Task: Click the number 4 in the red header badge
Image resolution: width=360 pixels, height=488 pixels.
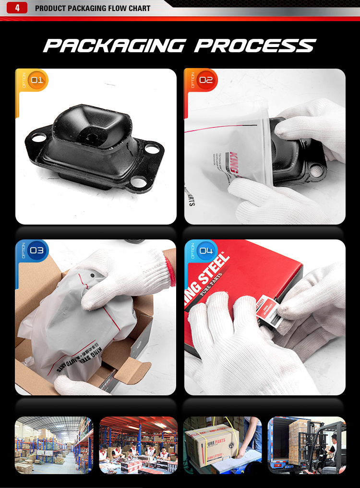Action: click(17, 8)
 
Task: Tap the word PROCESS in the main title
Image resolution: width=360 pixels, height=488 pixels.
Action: click(255, 46)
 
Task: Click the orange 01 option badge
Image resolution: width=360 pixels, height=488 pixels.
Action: click(36, 80)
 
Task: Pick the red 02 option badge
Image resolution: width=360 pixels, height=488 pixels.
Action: click(205, 80)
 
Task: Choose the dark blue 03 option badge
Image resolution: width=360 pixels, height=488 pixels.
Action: click(36, 250)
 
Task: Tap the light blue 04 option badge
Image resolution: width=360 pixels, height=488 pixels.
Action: click(205, 250)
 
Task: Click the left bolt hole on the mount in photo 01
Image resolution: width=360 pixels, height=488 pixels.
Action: click(38, 138)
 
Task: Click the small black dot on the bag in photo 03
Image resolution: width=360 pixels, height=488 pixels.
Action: click(92, 277)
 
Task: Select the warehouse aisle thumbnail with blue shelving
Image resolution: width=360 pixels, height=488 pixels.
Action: click(54, 445)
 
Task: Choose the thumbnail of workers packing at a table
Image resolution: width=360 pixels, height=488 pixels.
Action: click(138, 445)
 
